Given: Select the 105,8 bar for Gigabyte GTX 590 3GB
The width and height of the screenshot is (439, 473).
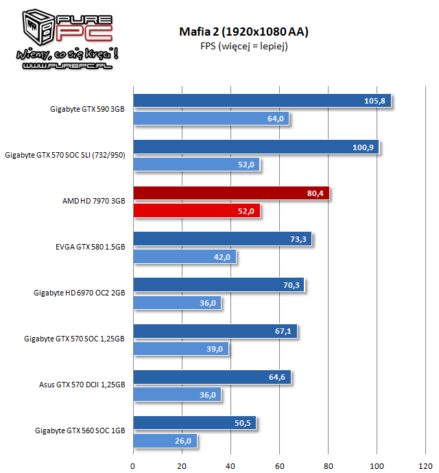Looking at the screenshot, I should point(261,101).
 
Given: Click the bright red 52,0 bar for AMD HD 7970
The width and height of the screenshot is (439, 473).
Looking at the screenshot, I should point(196,211).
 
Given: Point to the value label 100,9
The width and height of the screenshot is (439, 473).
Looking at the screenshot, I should point(363,147).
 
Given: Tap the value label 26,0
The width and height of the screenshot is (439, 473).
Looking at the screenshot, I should point(182,441).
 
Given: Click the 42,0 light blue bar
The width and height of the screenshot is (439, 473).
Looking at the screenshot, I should point(184,257).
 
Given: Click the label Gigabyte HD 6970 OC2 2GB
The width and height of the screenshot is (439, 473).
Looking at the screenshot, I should point(80,293).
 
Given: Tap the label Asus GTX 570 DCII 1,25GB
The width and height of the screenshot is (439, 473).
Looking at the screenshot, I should point(82,385).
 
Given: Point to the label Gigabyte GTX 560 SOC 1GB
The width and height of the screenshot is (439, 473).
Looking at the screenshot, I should point(80,431).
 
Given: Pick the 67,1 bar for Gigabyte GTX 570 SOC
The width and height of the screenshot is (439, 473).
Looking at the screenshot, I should point(215,331).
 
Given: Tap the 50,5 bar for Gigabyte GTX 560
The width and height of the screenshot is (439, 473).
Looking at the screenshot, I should point(194,423).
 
